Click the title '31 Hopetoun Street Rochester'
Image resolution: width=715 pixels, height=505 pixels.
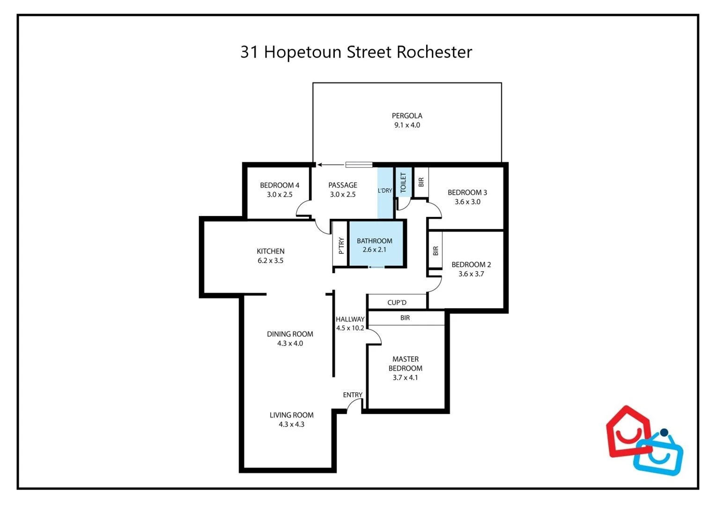click(x=356, y=52)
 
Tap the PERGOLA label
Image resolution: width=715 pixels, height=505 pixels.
click(x=407, y=115)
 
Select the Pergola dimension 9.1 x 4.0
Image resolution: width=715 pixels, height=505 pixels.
click(x=407, y=125)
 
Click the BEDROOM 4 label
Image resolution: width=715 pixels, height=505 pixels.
click(x=280, y=185)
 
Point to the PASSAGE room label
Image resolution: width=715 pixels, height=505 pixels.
click(x=342, y=185)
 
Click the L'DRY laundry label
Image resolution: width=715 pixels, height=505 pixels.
click(x=385, y=191)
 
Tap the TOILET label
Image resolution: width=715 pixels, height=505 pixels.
click(x=403, y=182)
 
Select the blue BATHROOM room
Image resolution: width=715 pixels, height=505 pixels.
click(x=375, y=245)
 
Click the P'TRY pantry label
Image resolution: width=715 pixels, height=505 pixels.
click(x=341, y=245)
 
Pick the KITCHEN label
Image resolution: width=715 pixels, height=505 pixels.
click(x=270, y=251)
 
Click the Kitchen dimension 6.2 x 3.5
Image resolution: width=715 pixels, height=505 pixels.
click(x=270, y=261)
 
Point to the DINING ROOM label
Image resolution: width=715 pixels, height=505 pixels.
click(x=290, y=334)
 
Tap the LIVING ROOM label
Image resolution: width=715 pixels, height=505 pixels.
click(x=291, y=415)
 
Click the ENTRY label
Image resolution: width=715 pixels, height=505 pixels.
click(x=352, y=395)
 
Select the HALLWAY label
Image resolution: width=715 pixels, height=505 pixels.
click(x=350, y=319)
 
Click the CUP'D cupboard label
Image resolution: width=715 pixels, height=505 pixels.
click(x=397, y=303)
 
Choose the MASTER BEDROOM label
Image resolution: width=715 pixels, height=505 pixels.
click(x=405, y=364)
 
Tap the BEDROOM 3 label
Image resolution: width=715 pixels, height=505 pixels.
click(x=467, y=192)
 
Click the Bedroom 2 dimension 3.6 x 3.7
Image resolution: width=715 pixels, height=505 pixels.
click(x=471, y=274)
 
